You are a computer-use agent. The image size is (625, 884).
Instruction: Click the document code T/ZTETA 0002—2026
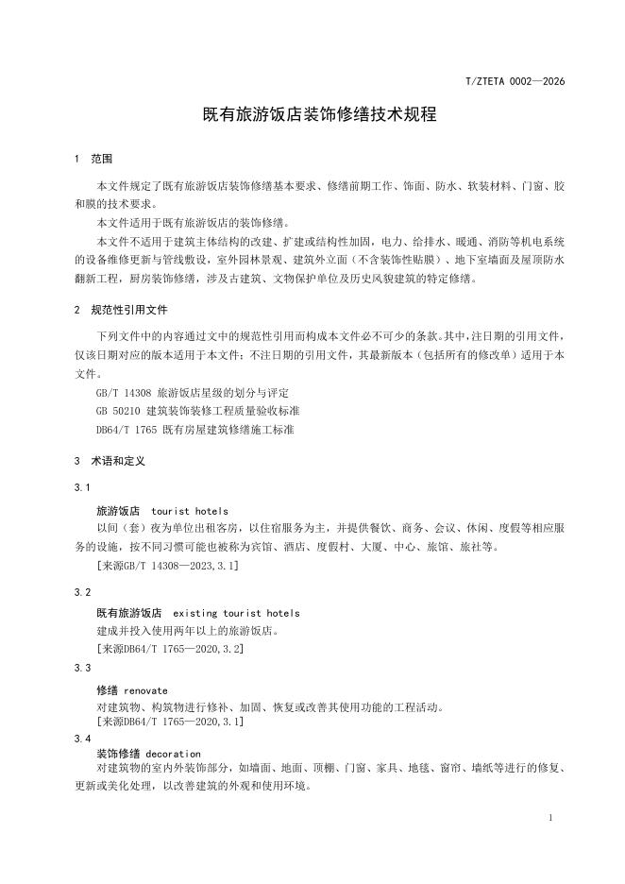pyautogui.click(x=515, y=81)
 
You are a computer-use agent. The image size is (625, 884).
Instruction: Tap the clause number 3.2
pyautogui.click(x=82, y=591)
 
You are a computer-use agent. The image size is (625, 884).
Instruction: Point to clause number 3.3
pyautogui.click(x=82, y=667)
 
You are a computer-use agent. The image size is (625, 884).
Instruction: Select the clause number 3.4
pyautogui.click(x=82, y=738)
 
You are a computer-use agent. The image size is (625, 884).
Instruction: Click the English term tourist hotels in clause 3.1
pyautogui.click(x=190, y=511)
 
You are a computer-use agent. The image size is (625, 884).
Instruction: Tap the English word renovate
pyautogui.click(x=145, y=690)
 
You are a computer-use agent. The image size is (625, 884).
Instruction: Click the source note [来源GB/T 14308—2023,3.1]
pyautogui.click(x=167, y=565)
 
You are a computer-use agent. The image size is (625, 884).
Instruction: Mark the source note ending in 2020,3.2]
pyautogui.click(x=170, y=649)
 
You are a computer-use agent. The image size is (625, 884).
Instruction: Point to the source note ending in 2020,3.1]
pyautogui.click(x=170, y=721)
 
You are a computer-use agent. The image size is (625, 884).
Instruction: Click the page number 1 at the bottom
pyautogui.click(x=550, y=818)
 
